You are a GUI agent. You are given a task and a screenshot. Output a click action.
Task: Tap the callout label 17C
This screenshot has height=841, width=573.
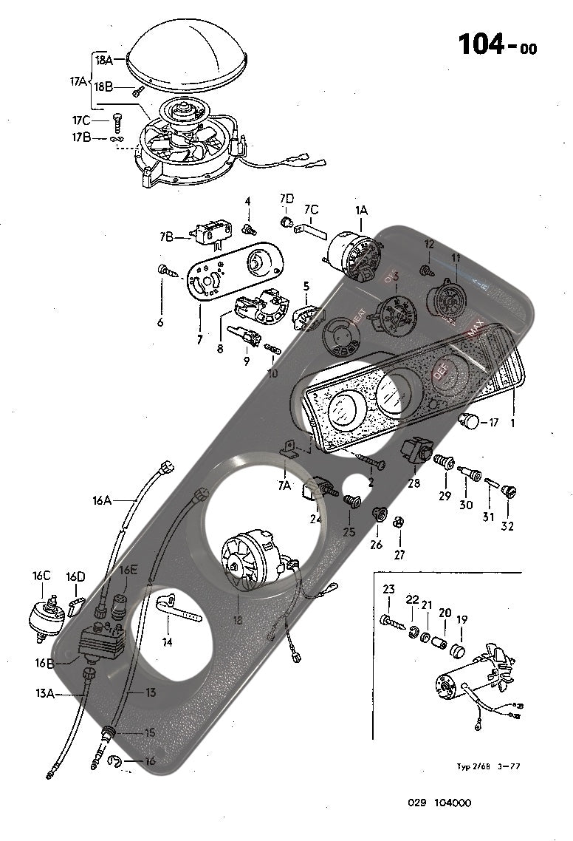[x=81, y=120]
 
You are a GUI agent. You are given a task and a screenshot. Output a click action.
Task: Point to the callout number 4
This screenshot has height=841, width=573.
[x=248, y=201]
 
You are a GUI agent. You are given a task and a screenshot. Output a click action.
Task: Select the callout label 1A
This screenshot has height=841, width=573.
[x=361, y=211]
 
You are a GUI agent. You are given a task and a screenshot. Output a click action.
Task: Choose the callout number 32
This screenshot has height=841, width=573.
[x=507, y=526]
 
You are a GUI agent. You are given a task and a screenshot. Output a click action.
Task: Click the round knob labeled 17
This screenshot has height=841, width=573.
[x=470, y=423]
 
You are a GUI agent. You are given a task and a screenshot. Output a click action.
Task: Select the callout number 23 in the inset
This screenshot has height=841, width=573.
[x=389, y=589]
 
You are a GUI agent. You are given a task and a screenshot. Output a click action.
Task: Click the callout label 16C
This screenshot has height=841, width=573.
[x=41, y=575]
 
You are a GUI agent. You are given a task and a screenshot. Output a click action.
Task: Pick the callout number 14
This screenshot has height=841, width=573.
[x=168, y=642]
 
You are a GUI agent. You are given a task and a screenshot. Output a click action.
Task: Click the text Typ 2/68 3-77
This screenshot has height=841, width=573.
[x=488, y=766]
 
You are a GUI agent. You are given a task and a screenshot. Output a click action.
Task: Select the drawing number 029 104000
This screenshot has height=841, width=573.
[x=439, y=803]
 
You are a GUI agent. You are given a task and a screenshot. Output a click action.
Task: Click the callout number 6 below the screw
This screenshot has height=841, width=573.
[x=160, y=322]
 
